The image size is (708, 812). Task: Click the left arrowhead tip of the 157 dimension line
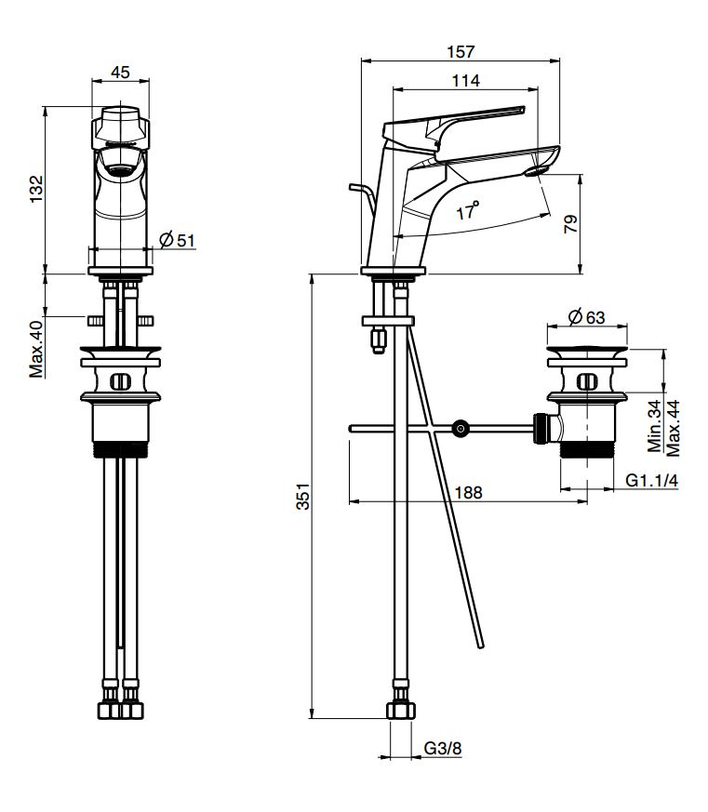click(x=362, y=60)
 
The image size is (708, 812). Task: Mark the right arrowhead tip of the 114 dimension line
click(x=538, y=89)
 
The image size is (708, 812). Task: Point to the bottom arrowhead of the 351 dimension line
click(x=312, y=718)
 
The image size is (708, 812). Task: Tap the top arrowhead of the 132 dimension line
click(x=46, y=107)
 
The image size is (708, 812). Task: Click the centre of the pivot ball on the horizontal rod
click(x=460, y=428)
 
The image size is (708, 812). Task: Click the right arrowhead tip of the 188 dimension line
click(x=587, y=501)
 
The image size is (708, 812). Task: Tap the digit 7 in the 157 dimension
click(x=469, y=52)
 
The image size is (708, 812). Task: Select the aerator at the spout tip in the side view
click(x=536, y=171)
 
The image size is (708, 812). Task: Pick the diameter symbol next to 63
click(x=574, y=316)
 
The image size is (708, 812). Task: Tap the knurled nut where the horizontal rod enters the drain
click(x=541, y=428)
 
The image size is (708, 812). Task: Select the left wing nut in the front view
click(x=94, y=321)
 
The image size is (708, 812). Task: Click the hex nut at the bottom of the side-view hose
click(x=401, y=711)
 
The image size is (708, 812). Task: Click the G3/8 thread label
click(x=442, y=749)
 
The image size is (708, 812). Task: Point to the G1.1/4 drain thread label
click(x=651, y=480)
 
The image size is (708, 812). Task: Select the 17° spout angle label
click(x=467, y=210)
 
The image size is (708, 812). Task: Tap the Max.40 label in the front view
click(x=36, y=349)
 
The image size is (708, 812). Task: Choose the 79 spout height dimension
click(x=569, y=224)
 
